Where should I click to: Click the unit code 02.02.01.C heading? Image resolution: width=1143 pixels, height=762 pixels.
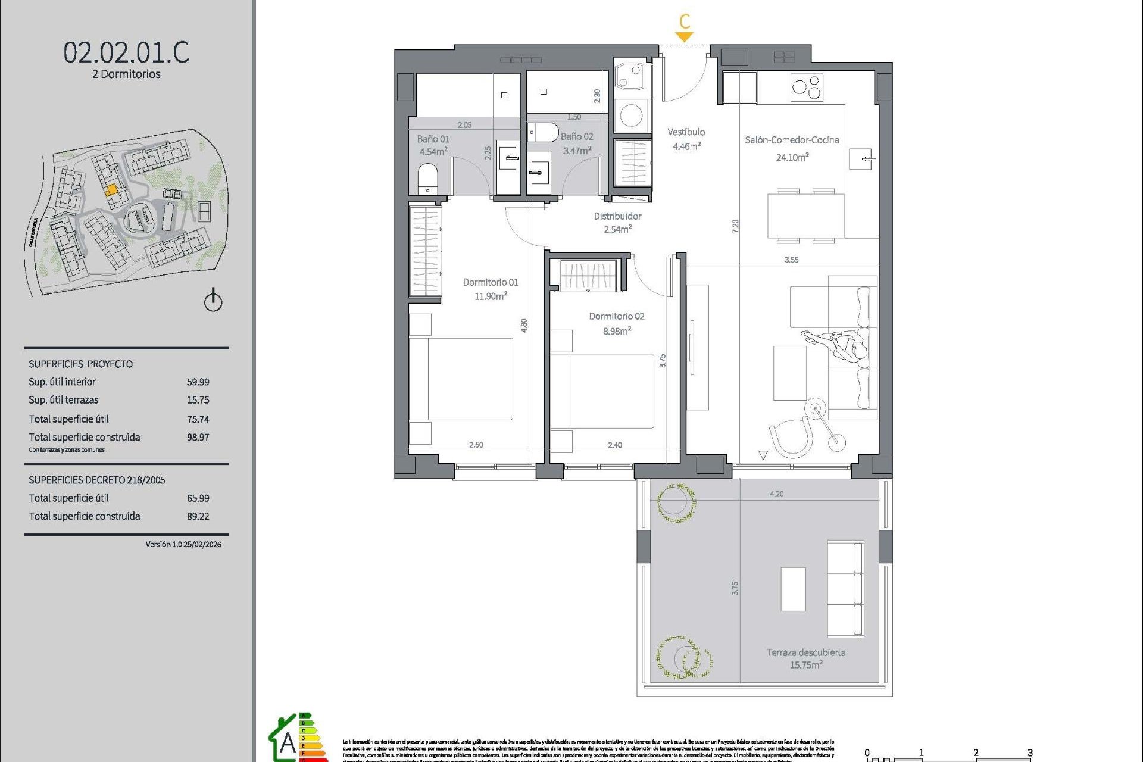click(x=126, y=52)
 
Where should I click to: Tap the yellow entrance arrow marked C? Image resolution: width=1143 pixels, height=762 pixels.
click(x=685, y=36)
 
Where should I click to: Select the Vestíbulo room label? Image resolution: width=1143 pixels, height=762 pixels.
click(x=686, y=132)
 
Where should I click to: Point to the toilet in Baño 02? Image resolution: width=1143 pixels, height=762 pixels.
click(x=542, y=132)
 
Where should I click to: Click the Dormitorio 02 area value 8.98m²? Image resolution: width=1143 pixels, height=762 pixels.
click(x=617, y=331)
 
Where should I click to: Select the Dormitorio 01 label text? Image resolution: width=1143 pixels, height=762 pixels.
click(x=491, y=282)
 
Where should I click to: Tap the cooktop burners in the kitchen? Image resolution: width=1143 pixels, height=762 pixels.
click(x=807, y=88)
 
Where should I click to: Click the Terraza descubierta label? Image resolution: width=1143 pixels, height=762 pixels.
click(x=805, y=652)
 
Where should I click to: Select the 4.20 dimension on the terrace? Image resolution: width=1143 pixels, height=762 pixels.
click(x=776, y=494)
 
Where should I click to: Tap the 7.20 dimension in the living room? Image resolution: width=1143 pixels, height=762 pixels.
click(x=735, y=226)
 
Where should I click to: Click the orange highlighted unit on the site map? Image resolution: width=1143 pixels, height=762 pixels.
click(x=111, y=190)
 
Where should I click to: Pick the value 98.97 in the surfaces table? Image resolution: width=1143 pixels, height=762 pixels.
click(x=198, y=437)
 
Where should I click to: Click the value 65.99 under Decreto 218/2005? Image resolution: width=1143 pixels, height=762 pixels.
click(x=198, y=498)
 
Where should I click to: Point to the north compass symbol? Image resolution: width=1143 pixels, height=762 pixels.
click(x=213, y=301)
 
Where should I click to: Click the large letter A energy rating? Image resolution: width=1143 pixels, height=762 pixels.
click(x=288, y=743)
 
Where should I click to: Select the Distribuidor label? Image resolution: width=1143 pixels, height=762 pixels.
click(x=617, y=216)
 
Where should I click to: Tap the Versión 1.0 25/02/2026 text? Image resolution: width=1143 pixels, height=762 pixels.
click(x=183, y=544)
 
